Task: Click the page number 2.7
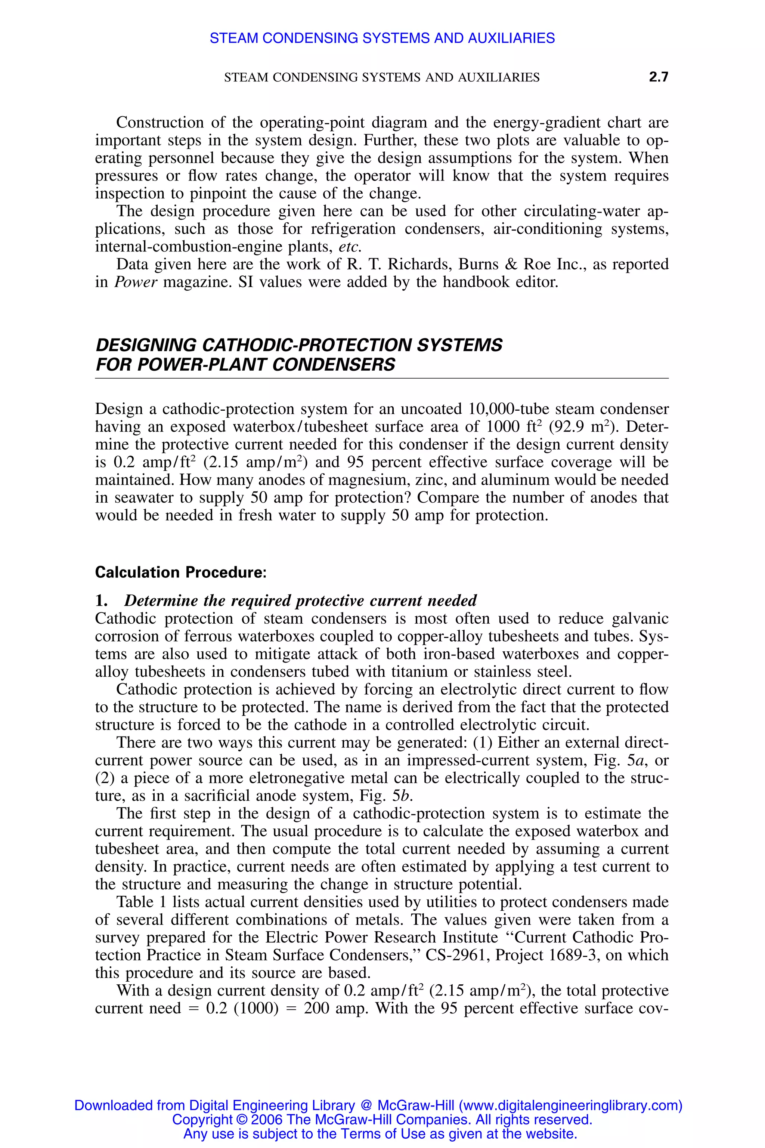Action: click(658, 77)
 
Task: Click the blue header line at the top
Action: click(382, 38)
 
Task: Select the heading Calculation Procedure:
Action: click(180, 572)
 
